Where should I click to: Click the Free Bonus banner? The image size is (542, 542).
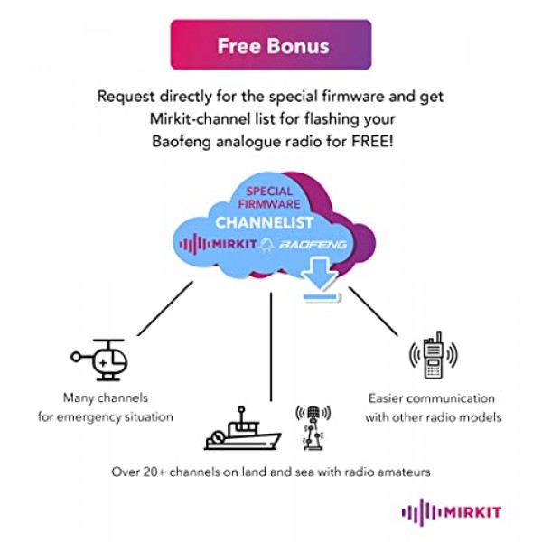pos(270,45)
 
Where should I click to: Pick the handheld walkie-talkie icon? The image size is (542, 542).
pos(431,359)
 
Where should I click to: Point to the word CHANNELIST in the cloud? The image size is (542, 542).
pos(264,222)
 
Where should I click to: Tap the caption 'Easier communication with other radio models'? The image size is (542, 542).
pos(431,406)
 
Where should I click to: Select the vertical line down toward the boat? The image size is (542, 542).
pos(271,348)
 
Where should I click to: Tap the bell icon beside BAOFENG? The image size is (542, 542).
pos(267,245)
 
